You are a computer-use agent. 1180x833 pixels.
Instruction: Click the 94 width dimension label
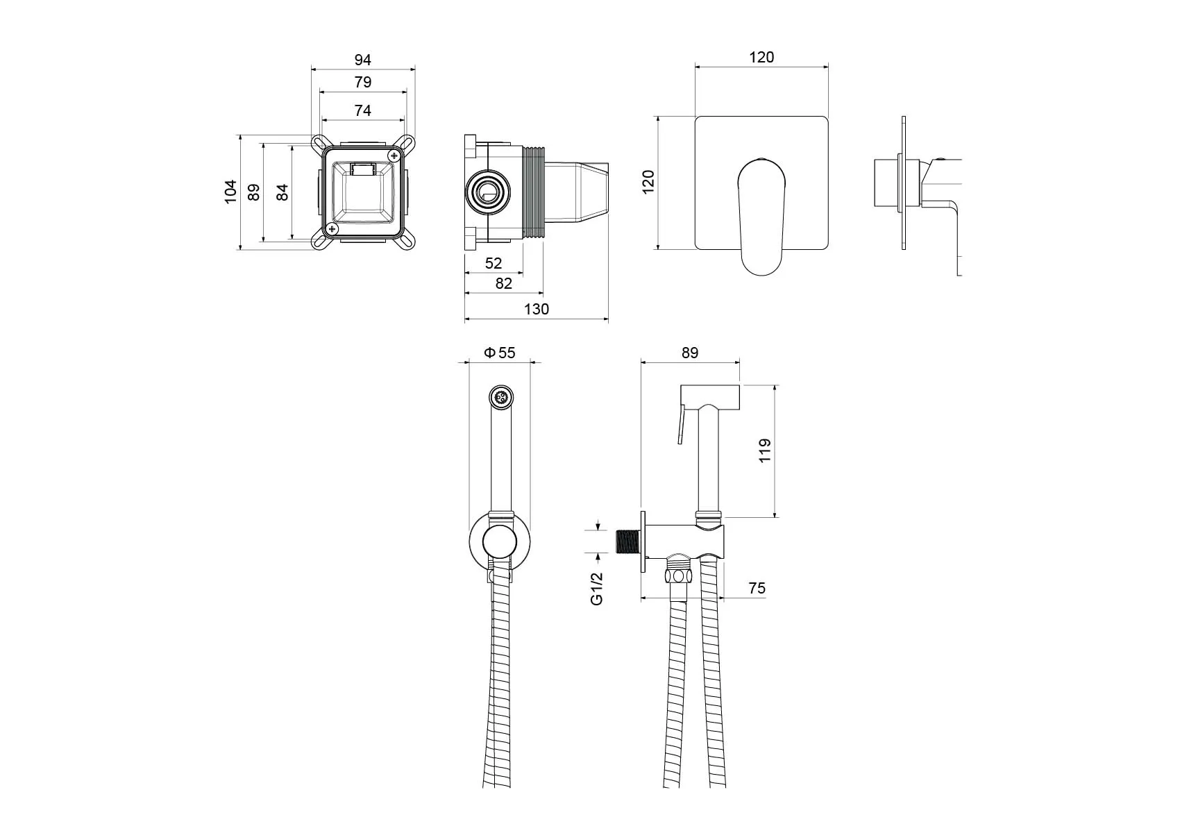pyautogui.click(x=362, y=60)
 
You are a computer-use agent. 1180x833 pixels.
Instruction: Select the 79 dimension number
pyautogui.click(x=362, y=82)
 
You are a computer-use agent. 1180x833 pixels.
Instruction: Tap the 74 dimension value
pyautogui.click(x=362, y=110)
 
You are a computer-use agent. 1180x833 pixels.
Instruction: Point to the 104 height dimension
pyautogui.click(x=230, y=192)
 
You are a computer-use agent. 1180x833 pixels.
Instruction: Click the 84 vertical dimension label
pyautogui.click(x=283, y=192)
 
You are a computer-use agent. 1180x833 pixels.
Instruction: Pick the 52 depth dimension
pyautogui.click(x=493, y=263)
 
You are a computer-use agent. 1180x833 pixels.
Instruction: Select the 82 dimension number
pyautogui.click(x=503, y=283)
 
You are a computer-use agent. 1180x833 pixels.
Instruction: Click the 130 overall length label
pyautogui.click(x=536, y=309)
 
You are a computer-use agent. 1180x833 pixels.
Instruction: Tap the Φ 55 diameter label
pyautogui.click(x=500, y=353)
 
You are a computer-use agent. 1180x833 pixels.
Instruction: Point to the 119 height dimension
pyautogui.click(x=765, y=451)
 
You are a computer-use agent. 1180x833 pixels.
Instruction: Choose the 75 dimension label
pyautogui.click(x=757, y=589)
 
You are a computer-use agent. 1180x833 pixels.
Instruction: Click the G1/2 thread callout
pyautogui.click(x=597, y=589)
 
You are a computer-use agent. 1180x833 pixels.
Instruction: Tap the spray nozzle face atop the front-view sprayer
pyautogui.click(x=500, y=398)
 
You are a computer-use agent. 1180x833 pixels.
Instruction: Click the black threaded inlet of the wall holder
pyautogui.click(x=628, y=542)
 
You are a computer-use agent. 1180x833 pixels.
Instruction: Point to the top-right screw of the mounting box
pyautogui.click(x=394, y=155)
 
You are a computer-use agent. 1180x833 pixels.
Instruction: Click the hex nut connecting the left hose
pyautogui.click(x=678, y=575)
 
